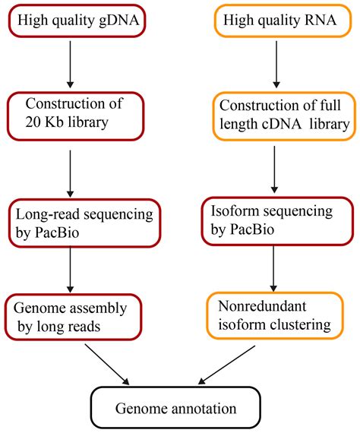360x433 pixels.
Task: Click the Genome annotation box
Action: (175, 409)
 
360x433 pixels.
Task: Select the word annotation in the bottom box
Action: (201, 409)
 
